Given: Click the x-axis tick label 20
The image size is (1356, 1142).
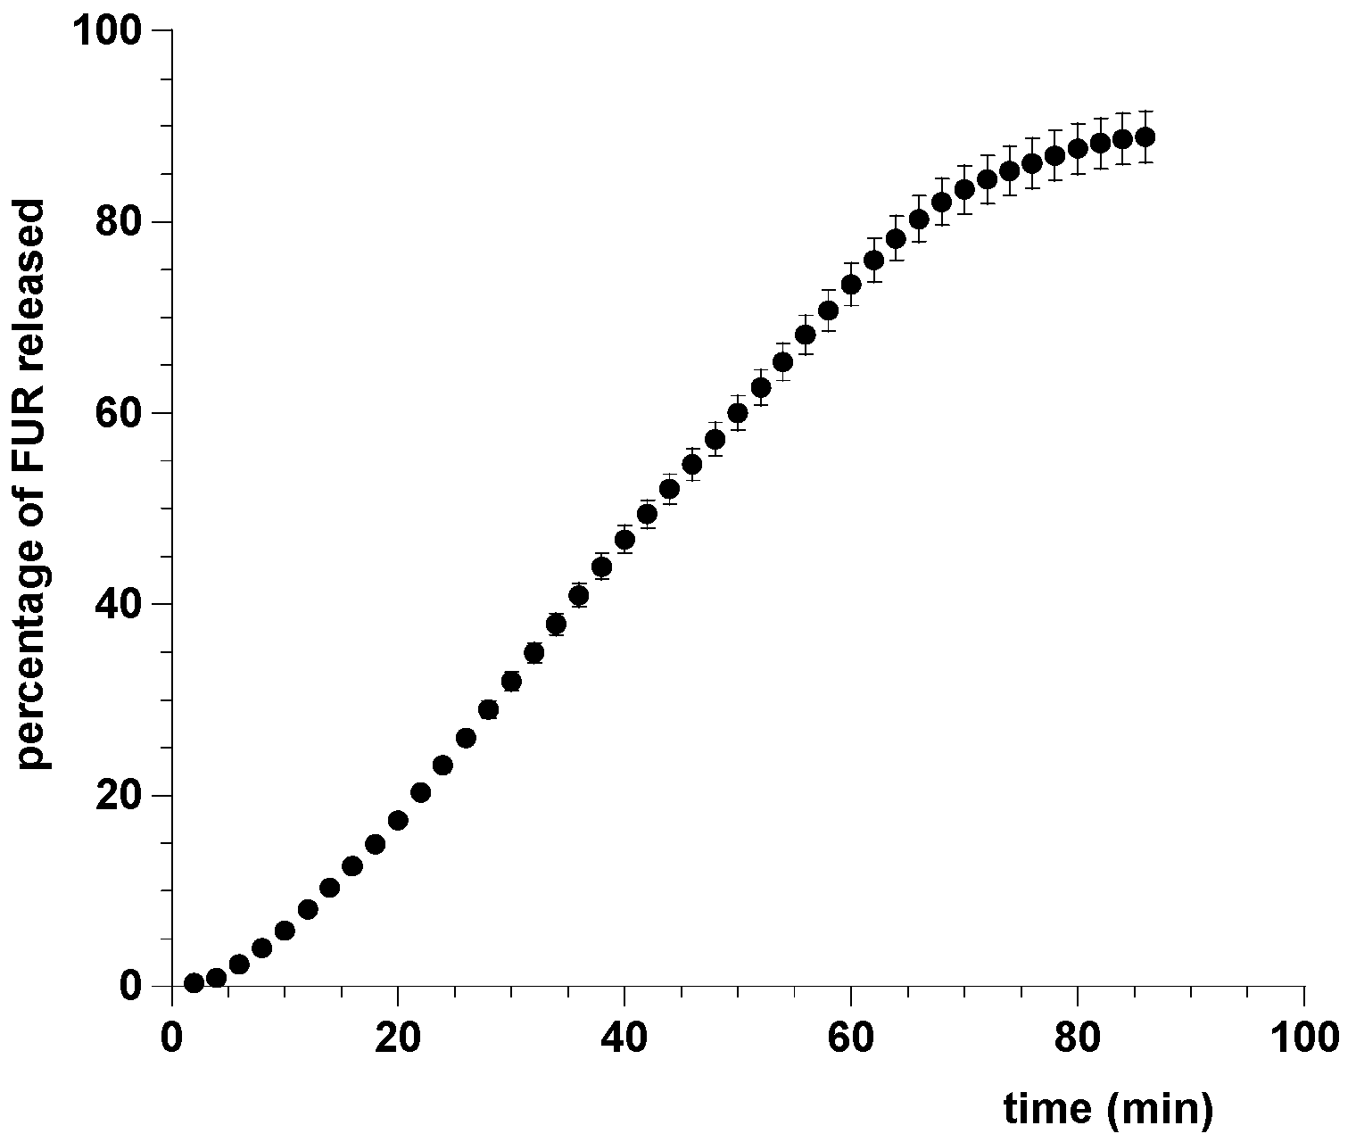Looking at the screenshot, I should [398, 1038].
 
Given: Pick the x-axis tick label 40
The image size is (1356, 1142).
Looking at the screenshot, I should [624, 1038].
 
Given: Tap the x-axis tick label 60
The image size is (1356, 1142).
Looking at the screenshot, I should [851, 1038].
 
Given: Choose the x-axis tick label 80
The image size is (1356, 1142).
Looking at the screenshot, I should [1078, 1038].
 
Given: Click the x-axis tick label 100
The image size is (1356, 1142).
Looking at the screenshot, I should [1303, 1038].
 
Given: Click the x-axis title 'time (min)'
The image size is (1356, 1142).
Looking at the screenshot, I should [1109, 1108].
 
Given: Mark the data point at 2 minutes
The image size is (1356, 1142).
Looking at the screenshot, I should [194, 983].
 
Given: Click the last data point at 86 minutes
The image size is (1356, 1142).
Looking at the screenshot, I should [1145, 137].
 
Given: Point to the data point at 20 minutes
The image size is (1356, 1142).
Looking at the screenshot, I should [398, 820].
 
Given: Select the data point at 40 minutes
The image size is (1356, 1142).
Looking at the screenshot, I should [624, 539].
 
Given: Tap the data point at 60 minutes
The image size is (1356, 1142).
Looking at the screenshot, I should [851, 284].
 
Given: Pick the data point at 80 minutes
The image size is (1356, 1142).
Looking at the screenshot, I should [1078, 148].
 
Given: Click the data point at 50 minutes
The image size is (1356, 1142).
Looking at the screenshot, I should [738, 412].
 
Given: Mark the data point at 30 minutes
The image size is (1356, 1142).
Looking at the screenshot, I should [511, 682].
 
